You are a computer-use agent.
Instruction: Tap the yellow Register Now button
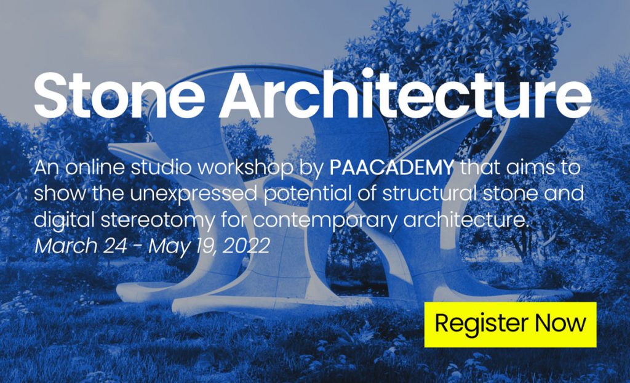tap(510, 324)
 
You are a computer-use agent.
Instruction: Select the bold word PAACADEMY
tap(393, 167)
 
